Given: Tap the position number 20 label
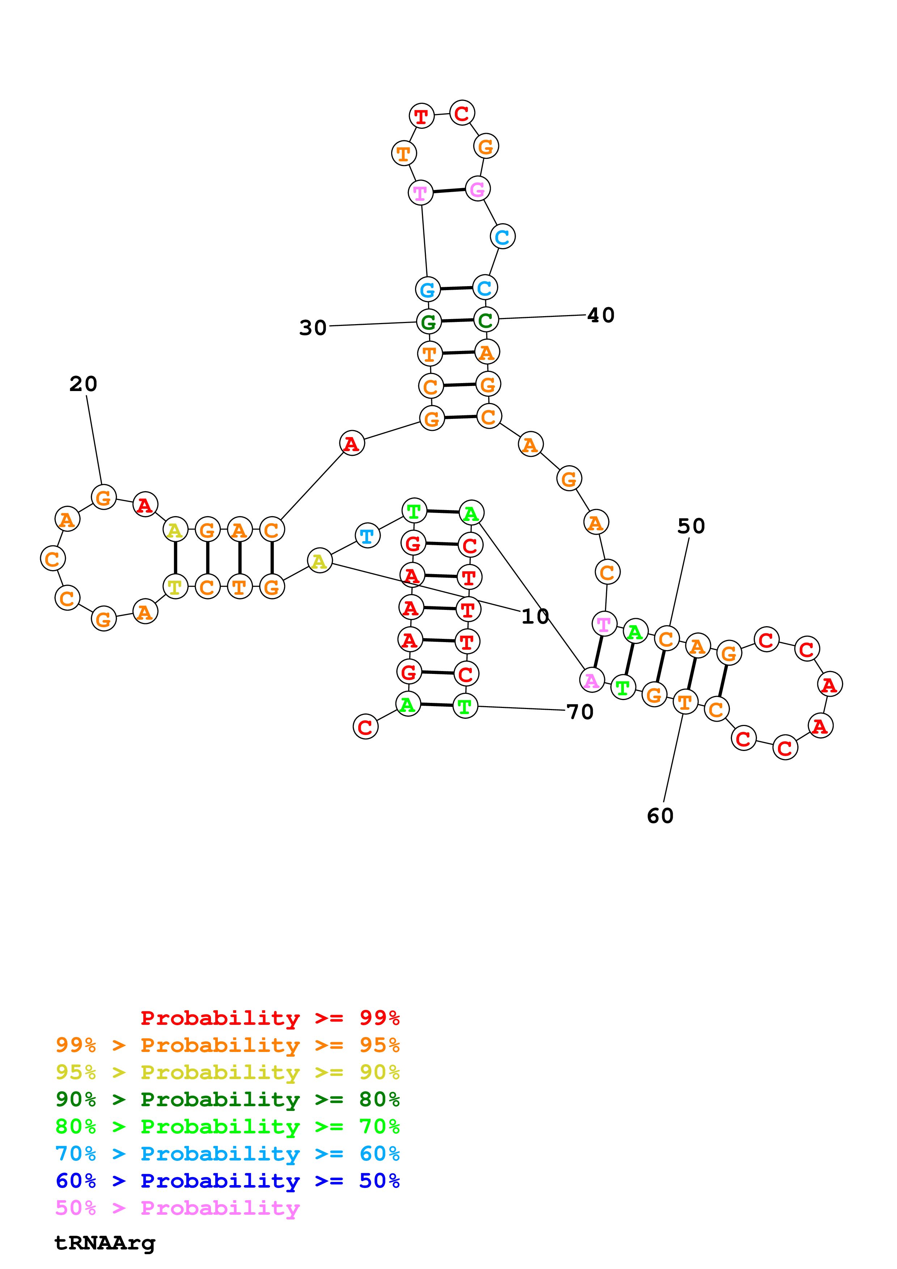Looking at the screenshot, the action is [x=84, y=383].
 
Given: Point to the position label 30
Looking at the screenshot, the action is [x=313, y=328].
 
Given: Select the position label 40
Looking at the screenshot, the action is [x=601, y=315].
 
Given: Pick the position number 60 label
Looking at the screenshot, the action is [x=660, y=816].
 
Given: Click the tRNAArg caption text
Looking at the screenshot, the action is [x=105, y=1243].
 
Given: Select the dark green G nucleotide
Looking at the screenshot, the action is [x=428, y=322].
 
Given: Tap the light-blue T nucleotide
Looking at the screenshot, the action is [x=367, y=536].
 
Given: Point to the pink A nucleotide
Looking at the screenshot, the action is [x=591, y=680].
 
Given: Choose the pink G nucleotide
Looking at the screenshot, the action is [x=478, y=189].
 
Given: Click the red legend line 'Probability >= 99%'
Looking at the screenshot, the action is [x=270, y=1018].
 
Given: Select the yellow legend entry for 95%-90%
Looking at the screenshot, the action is [x=227, y=1072].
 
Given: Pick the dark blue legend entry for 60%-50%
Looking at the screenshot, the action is [x=227, y=1181].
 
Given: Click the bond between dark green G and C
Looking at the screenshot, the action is [x=457, y=321].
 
